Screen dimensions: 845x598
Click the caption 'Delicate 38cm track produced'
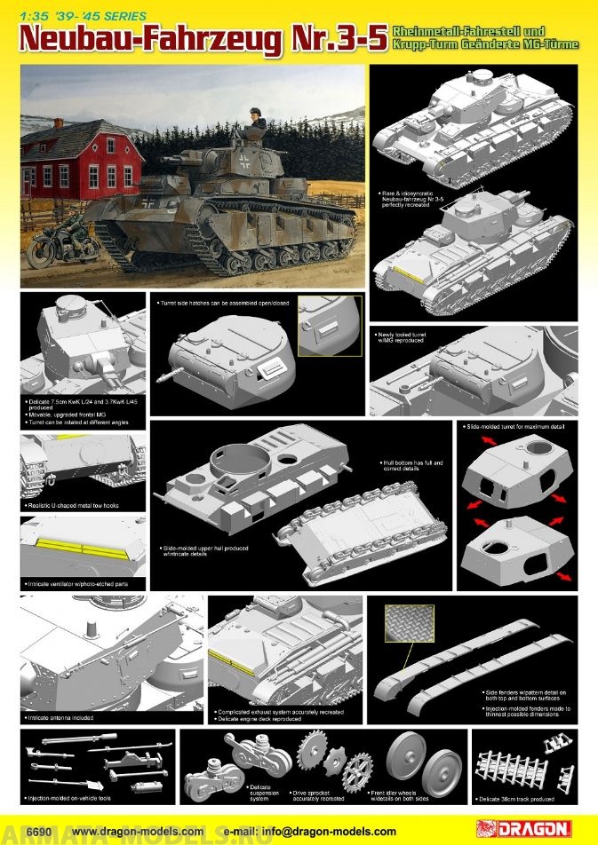coord(522,800)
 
